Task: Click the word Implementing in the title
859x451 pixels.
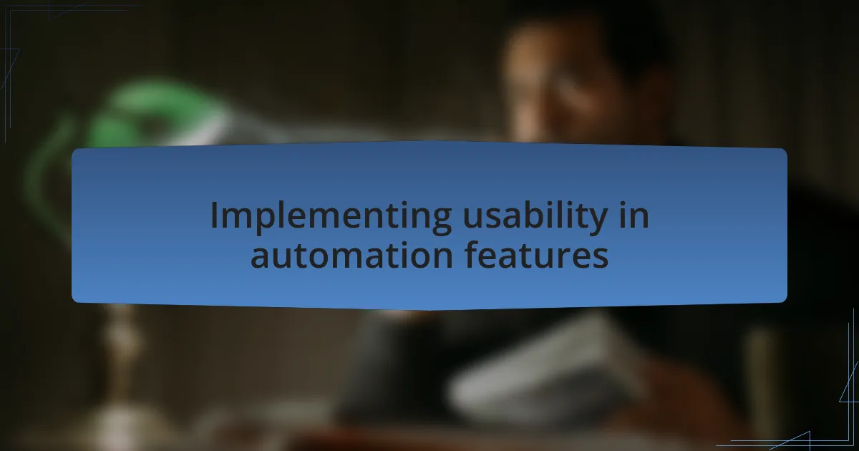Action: click(x=331, y=218)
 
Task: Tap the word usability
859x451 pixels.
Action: click(x=535, y=218)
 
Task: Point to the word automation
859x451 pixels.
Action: click(x=351, y=256)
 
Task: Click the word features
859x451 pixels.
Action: click(x=536, y=255)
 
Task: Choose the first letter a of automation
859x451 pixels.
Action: click(x=261, y=258)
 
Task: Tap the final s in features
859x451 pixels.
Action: click(x=600, y=258)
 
